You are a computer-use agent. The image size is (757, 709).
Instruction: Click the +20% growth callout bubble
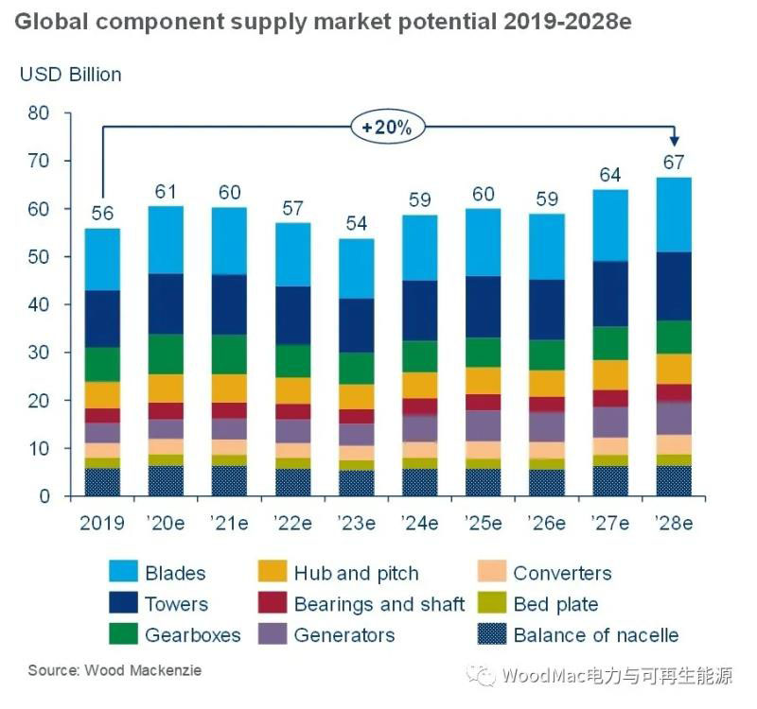click(x=388, y=128)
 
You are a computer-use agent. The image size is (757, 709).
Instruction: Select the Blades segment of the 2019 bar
click(x=103, y=260)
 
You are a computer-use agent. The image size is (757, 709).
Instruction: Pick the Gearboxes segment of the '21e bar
click(x=228, y=354)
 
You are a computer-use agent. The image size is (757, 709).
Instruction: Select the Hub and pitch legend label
click(x=356, y=573)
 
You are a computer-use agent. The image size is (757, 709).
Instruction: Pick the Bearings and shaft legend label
click(x=379, y=604)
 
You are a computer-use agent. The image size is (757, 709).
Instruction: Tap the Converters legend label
click(x=562, y=573)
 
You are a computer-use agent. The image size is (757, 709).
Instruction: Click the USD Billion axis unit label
click(x=70, y=74)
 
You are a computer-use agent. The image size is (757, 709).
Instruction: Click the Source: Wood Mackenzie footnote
click(x=114, y=670)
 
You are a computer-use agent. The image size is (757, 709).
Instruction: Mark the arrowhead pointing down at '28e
click(x=673, y=140)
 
